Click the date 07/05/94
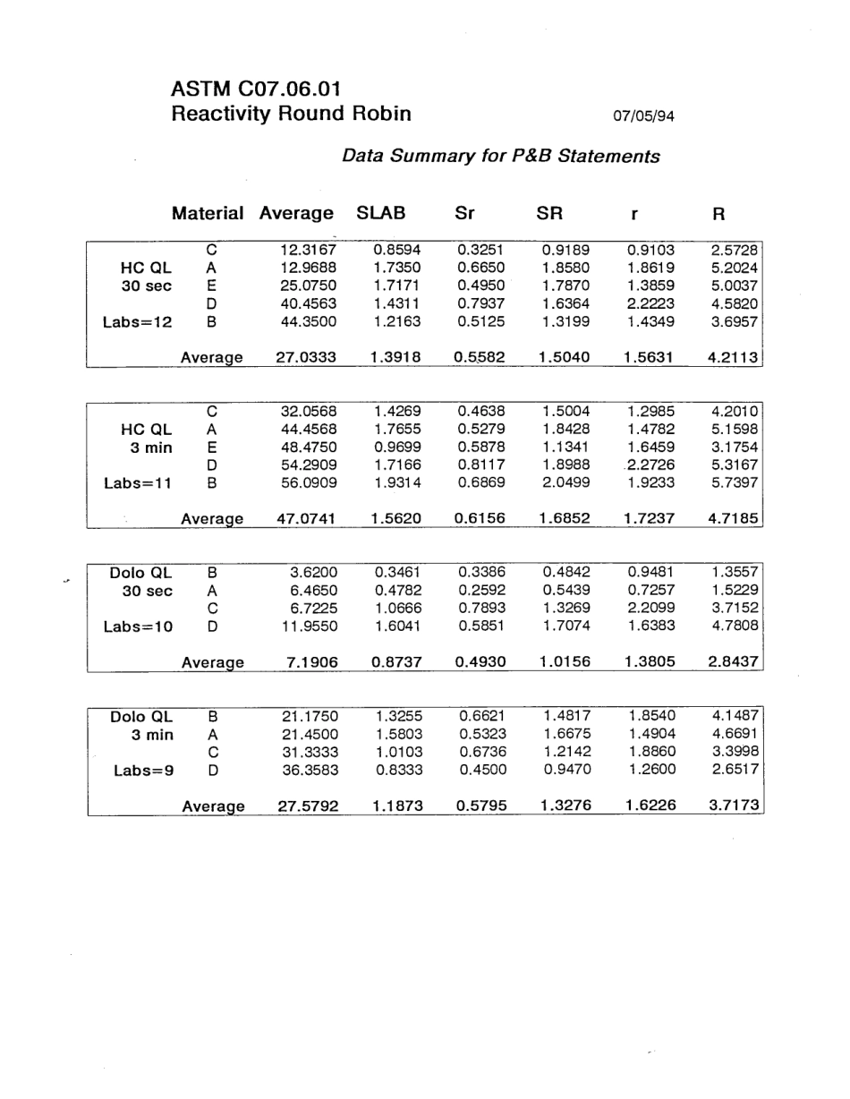[643, 115]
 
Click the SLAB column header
[381, 214]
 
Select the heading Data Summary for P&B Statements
[501, 157]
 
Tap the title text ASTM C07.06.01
[255, 89]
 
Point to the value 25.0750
[307, 285]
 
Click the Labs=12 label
[138, 322]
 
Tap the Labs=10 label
[138, 626]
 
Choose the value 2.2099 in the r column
[651, 609]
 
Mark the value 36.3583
[307, 770]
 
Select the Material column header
[208, 214]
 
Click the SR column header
[548, 214]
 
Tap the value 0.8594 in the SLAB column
[396, 250]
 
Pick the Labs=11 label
[138, 483]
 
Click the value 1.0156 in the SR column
[565, 662]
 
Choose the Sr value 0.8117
[480, 465]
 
